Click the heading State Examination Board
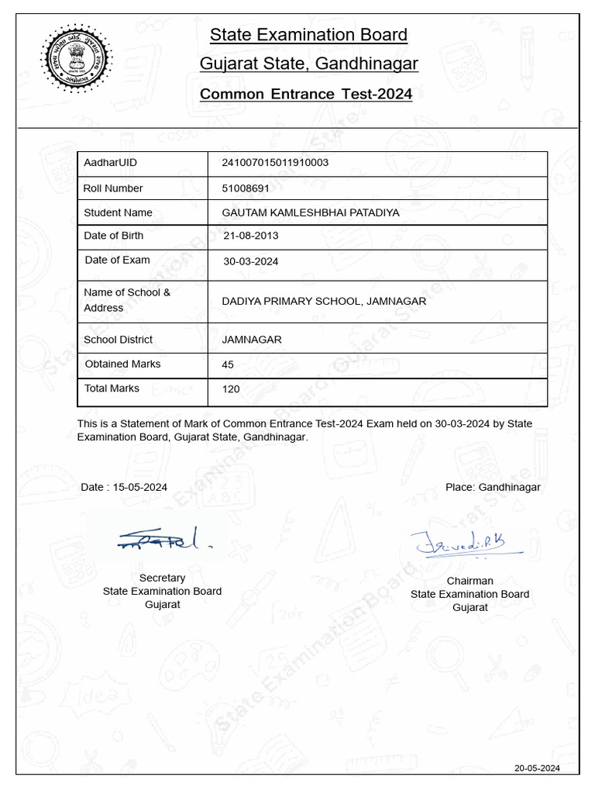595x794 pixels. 308,35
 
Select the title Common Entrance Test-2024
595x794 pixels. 306,95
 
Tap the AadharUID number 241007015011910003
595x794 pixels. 275,163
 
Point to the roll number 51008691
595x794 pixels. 246,188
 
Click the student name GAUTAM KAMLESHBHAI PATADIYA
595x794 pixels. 311,212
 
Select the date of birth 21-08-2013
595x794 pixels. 251,236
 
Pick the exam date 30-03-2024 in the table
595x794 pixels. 251,261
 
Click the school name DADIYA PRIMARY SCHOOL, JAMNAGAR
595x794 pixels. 324,301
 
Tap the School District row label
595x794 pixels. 118,340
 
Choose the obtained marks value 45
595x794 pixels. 228,364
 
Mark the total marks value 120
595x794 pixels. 231,389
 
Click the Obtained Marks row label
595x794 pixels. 123,364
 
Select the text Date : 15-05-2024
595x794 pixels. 124,488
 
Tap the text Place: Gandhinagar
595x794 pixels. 493,487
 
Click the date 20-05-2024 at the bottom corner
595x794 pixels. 537,768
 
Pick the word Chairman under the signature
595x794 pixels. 469,581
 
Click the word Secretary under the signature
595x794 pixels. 162,578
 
